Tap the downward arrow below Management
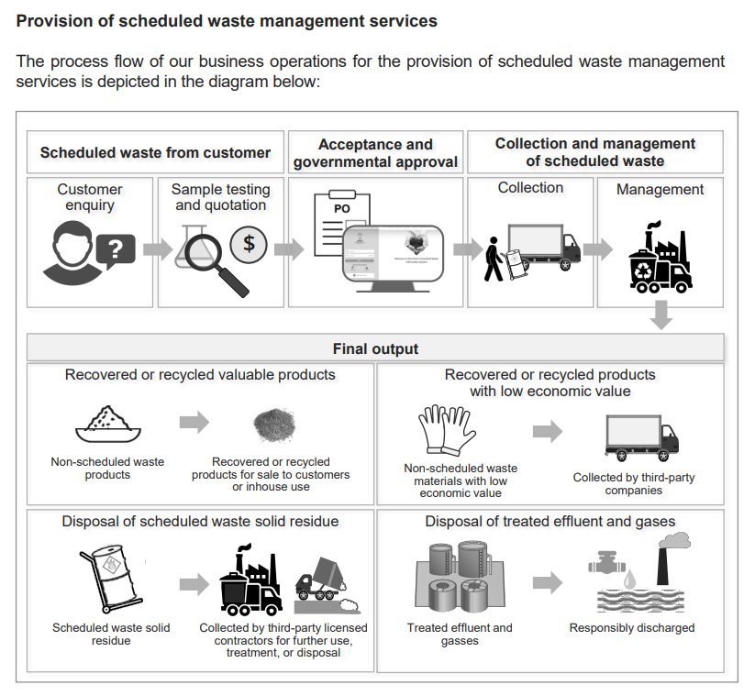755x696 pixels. tap(661, 314)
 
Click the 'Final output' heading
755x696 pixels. tap(375, 348)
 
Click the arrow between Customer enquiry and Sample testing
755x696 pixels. tap(156, 249)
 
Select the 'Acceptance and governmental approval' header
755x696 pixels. tap(375, 153)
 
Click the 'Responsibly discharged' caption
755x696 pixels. tap(631, 628)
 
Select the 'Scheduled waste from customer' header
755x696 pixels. tap(155, 152)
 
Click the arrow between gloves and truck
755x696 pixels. tap(547, 431)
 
